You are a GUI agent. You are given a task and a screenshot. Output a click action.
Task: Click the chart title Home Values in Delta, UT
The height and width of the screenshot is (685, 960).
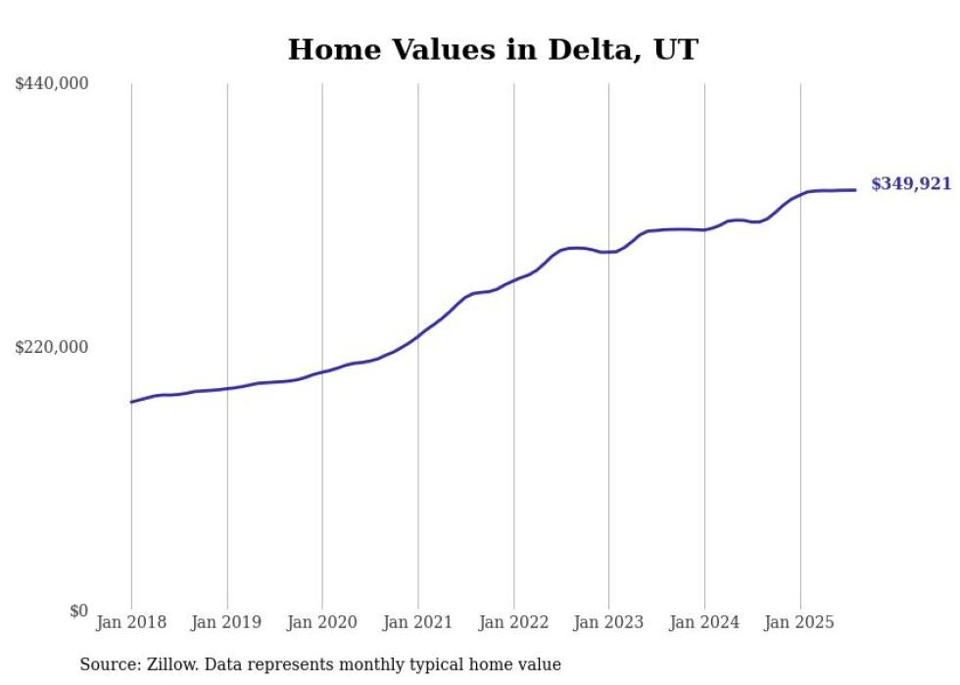(492, 50)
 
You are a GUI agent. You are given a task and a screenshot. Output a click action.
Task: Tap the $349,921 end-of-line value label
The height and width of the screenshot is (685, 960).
(910, 184)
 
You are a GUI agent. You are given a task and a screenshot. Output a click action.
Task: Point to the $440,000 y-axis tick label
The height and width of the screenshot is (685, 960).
(52, 84)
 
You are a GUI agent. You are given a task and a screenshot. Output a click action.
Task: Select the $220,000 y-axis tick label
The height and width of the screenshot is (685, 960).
(52, 347)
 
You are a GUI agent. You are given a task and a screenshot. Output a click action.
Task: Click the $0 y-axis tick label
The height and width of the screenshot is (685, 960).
(78, 612)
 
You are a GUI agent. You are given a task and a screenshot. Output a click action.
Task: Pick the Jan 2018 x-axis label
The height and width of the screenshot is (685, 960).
(131, 622)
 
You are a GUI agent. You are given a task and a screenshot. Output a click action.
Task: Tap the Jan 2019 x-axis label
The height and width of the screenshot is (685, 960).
(227, 622)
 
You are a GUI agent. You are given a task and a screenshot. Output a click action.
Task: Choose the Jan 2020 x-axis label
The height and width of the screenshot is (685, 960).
(322, 622)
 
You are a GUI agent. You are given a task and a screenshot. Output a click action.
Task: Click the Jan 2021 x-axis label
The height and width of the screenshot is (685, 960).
(418, 622)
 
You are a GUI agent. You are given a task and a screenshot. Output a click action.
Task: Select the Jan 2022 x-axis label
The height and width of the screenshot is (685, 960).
(513, 622)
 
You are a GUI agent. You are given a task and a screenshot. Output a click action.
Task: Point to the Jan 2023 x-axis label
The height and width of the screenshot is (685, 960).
(609, 622)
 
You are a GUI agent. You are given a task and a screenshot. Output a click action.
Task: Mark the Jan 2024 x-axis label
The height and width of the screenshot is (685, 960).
(704, 622)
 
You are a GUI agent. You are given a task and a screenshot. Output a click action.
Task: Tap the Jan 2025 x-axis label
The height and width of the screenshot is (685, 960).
(800, 622)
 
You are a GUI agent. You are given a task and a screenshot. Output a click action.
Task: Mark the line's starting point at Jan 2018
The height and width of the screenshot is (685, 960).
(131, 402)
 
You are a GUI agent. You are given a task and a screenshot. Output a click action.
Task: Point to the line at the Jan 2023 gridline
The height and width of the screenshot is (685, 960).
(609, 252)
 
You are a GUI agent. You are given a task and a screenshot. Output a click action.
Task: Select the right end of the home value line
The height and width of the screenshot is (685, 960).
(855, 190)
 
